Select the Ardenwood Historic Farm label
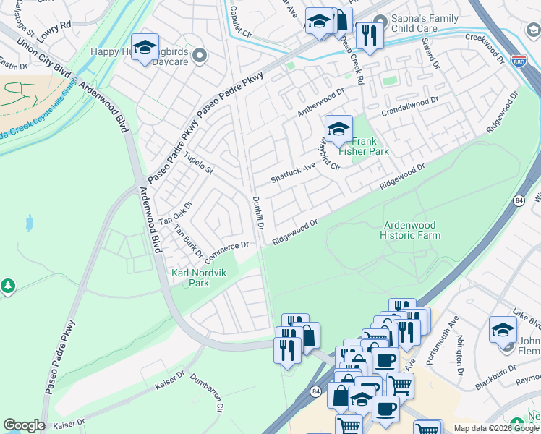[x=410, y=230]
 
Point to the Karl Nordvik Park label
[x=189, y=278]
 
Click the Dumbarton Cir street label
[x=205, y=393]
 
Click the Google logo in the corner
[x=24, y=425]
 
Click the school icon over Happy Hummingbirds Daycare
[x=145, y=48]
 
